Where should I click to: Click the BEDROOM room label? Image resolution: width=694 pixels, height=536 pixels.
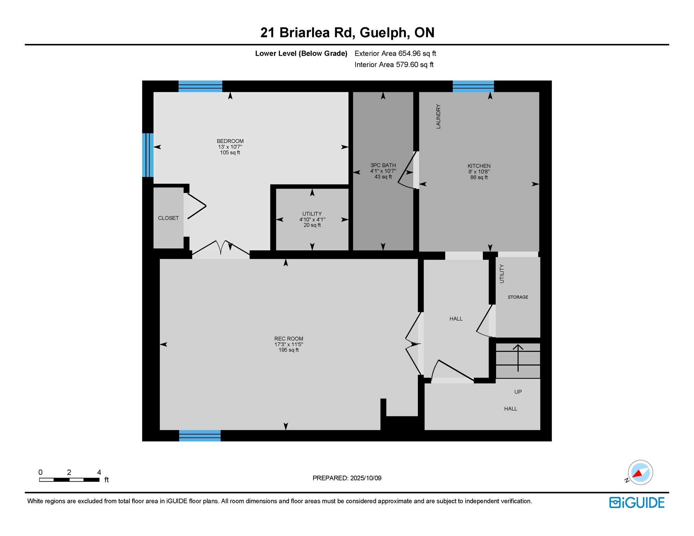pyautogui.click(x=230, y=141)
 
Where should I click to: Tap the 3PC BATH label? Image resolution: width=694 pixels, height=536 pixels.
pyautogui.click(x=383, y=165)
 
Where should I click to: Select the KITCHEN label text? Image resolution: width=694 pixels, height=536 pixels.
pyautogui.click(x=479, y=166)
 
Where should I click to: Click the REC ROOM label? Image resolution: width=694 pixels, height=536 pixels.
pyautogui.click(x=288, y=339)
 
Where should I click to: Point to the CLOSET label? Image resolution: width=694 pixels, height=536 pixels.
pyautogui.click(x=168, y=218)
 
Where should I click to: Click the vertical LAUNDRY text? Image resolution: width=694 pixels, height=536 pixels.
pyautogui.click(x=438, y=117)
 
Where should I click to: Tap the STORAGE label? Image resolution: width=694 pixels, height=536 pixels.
pyautogui.click(x=518, y=297)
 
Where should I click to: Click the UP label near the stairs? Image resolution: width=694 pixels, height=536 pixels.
pyautogui.click(x=518, y=392)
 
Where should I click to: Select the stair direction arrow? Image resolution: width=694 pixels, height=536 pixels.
pyautogui.click(x=518, y=358)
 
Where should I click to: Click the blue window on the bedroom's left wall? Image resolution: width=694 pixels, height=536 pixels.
pyautogui.click(x=148, y=155)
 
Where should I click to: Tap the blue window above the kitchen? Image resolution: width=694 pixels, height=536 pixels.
pyautogui.click(x=473, y=86)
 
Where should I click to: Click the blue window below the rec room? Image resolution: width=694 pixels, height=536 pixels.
pyautogui.click(x=200, y=435)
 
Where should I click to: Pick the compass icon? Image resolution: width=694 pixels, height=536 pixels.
pyautogui.click(x=640, y=472)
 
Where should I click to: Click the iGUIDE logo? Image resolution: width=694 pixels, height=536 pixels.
pyautogui.click(x=637, y=502)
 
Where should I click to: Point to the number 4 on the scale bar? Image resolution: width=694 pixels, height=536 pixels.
pyautogui.click(x=99, y=472)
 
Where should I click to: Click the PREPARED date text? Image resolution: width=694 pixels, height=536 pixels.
pyautogui.click(x=347, y=478)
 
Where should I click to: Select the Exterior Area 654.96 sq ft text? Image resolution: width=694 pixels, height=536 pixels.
pyautogui.click(x=395, y=53)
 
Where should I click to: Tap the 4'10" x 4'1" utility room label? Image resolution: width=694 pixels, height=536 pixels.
pyautogui.click(x=312, y=219)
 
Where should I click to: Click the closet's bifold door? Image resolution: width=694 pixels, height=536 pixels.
pyautogui.click(x=196, y=206)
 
